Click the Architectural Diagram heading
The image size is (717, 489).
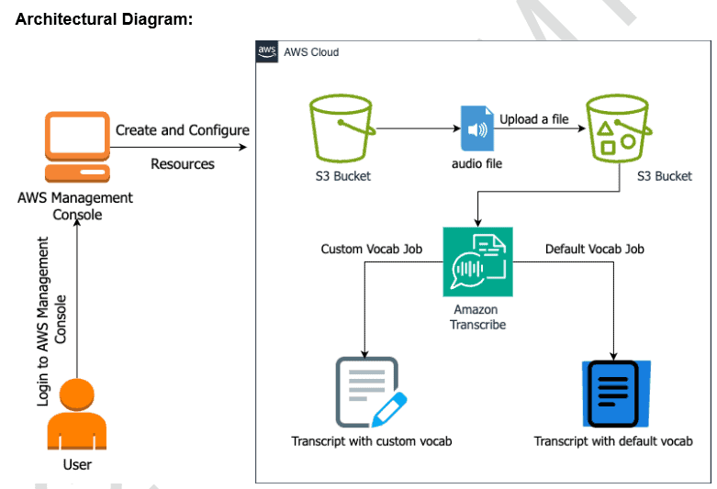pos(104,19)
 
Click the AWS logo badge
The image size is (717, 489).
pos(267,51)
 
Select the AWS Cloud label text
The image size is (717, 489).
pos(311,52)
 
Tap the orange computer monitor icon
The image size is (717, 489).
pos(78,148)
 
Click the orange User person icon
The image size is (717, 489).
pos(77,414)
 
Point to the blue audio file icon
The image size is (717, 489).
pos(476,129)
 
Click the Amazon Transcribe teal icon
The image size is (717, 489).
pos(477,261)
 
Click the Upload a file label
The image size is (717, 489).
pos(533,119)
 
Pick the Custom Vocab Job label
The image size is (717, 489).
pos(371,249)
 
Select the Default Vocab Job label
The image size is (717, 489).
pos(594,249)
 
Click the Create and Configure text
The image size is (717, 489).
pos(182,130)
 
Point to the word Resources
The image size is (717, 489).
pos(182,164)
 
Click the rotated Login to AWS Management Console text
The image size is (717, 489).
pos(52,321)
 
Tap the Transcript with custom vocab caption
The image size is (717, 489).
pos(371,441)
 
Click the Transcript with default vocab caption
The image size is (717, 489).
pos(613,441)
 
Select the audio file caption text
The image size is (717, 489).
pos(476,163)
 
